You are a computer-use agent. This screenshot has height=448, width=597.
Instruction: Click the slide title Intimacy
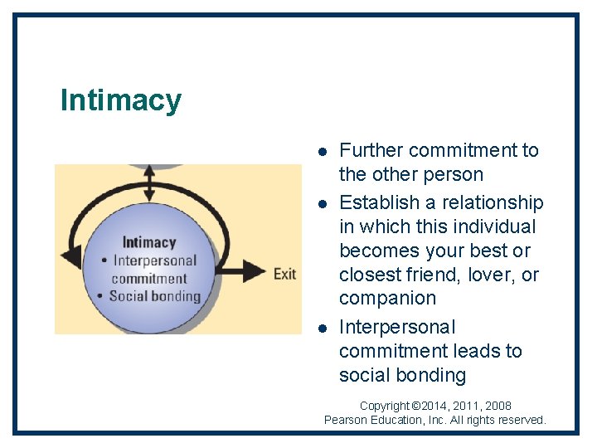pyautogui.click(x=121, y=100)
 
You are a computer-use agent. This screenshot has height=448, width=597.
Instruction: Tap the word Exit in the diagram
pyautogui.click(x=284, y=274)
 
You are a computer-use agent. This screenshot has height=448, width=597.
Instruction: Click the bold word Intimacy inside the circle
pyautogui.click(x=149, y=242)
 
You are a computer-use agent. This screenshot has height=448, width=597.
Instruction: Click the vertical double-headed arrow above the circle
pyautogui.click(x=149, y=183)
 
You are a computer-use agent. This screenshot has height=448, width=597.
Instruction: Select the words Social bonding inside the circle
pyautogui.click(x=155, y=295)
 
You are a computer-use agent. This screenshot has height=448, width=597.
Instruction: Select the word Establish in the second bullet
pyautogui.click(x=378, y=202)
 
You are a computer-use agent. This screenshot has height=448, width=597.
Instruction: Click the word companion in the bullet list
pyautogui.click(x=387, y=298)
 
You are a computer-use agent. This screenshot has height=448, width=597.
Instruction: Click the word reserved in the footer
pyautogui.click(x=522, y=420)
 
